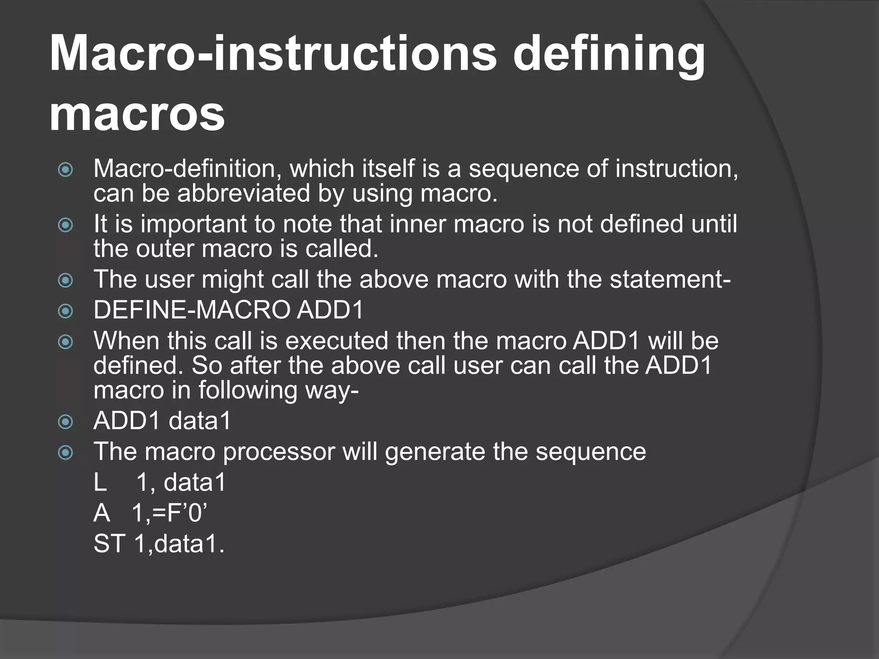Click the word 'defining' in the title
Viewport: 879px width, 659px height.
[609, 55]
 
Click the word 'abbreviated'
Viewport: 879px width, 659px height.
[244, 193]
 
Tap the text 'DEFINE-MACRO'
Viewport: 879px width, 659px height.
[191, 310]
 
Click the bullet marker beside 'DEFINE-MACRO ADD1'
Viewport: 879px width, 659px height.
[65, 311]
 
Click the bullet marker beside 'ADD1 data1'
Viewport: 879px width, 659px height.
[65, 422]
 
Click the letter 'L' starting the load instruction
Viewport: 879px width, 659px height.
[100, 483]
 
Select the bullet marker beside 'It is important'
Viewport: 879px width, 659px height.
[65, 225]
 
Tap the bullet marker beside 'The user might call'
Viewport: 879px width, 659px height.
[65, 281]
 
